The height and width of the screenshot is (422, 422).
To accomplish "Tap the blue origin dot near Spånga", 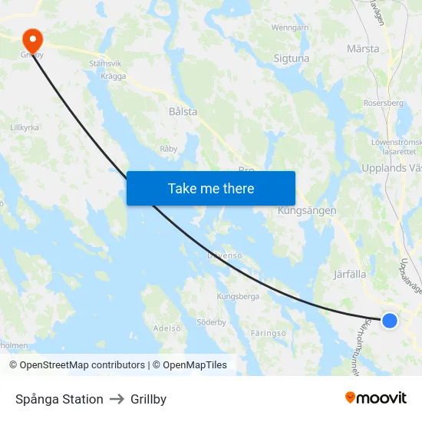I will pyautogui.click(x=390, y=321).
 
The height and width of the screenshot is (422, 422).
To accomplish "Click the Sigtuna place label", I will pyautogui.click(x=292, y=58).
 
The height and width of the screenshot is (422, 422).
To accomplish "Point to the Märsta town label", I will pyautogui.click(x=363, y=48).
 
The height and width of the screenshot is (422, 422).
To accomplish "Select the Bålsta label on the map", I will pyautogui.click(x=183, y=111).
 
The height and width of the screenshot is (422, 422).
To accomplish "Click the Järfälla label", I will pyautogui.click(x=350, y=273).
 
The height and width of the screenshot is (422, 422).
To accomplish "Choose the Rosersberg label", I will pyautogui.click(x=384, y=103).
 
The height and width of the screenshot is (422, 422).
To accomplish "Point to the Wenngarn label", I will pyautogui.click(x=290, y=28).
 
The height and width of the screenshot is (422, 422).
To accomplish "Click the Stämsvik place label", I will pyautogui.click(x=106, y=64).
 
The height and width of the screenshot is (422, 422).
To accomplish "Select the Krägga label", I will pyautogui.click(x=113, y=76).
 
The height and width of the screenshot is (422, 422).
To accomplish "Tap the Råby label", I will pyautogui.click(x=168, y=148).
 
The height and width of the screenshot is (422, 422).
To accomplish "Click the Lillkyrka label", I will pyautogui.click(x=25, y=127).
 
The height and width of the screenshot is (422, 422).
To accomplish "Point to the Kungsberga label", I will pyautogui.click(x=238, y=296).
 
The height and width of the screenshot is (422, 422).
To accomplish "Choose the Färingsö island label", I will pyautogui.click(x=269, y=333).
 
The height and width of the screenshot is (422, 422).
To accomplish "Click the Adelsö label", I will pyautogui.click(x=167, y=328).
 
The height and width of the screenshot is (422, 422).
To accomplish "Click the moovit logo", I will pyautogui.click(x=375, y=398).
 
